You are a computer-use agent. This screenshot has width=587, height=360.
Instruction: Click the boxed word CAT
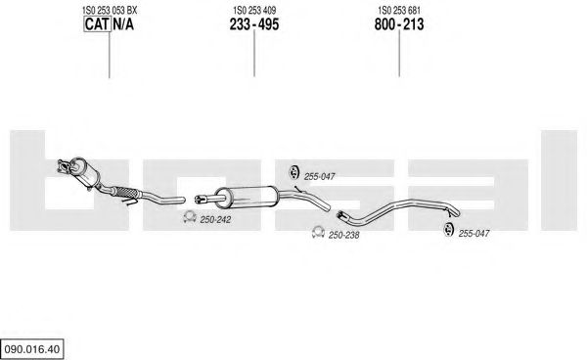tap(97, 24)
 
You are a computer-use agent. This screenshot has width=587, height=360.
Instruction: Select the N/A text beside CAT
tap(123, 24)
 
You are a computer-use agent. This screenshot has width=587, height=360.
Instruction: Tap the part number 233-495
tap(254, 24)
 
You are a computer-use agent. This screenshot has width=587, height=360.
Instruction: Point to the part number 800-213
tap(399, 24)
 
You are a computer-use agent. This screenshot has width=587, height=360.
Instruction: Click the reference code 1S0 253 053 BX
tap(110, 11)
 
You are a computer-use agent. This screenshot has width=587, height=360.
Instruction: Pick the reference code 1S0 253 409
tap(254, 11)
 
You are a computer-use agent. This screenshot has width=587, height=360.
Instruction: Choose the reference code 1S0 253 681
tap(399, 11)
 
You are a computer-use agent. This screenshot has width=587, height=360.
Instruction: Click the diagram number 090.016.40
tap(32, 349)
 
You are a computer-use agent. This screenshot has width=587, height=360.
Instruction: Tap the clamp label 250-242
tap(215, 220)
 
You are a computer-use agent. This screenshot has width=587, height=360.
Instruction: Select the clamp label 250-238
tap(343, 236)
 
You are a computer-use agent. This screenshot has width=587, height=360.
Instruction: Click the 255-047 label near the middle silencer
tap(319, 177)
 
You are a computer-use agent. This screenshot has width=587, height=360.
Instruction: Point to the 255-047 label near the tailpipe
tap(474, 234)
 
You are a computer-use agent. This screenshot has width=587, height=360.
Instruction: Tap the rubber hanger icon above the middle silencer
tap(293, 172)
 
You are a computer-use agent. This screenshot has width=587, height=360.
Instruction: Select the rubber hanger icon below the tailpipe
tap(448, 229)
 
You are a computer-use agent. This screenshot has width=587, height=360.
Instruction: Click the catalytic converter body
tap(86, 173)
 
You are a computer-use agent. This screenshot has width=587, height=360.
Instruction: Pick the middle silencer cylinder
tap(248, 197)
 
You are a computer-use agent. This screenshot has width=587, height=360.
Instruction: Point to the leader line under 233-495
tap(254, 53)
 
